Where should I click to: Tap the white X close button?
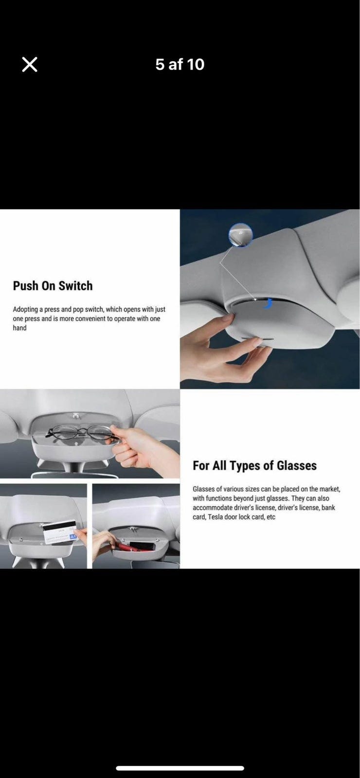[30, 65]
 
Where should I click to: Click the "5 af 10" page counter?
[180, 64]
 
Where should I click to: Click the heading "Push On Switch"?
[53, 286]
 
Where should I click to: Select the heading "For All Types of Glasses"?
[255, 465]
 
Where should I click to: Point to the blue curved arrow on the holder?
[268, 303]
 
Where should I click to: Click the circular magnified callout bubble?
[240, 235]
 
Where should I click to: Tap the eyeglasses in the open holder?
[82, 432]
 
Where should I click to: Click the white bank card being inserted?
[60, 532]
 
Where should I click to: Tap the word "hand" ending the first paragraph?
[20, 328]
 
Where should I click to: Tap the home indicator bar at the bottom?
[180, 768]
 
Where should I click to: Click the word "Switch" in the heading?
[75, 286]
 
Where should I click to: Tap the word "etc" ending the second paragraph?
[270, 517]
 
